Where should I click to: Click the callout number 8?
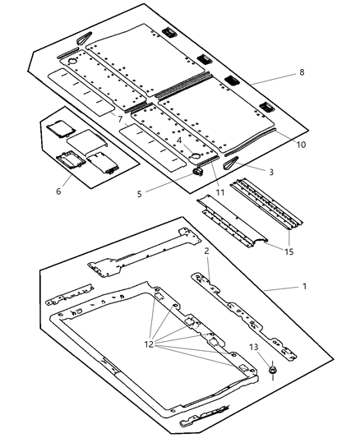(301, 72)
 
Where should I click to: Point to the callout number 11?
(178, 141)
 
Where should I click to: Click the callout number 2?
(207, 251)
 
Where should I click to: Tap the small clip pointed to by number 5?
(198, 172)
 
